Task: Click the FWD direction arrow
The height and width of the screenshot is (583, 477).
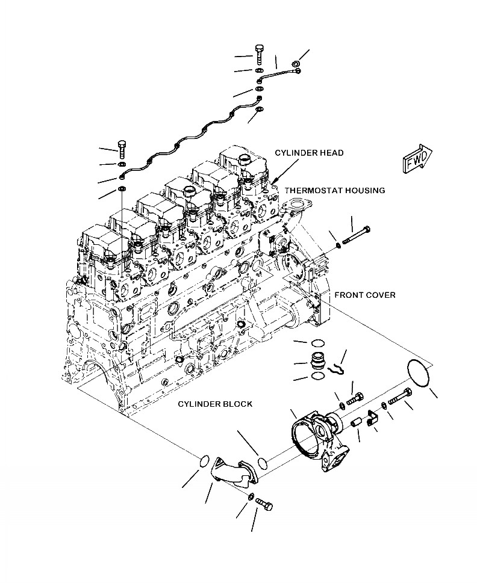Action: (417, 159)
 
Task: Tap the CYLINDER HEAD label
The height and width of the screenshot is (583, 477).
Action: (309, 153)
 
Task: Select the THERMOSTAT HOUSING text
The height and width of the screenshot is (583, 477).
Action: (335, 190)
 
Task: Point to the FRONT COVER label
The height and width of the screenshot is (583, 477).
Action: (365, 295)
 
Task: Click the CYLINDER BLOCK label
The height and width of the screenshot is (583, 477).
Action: (215, 404)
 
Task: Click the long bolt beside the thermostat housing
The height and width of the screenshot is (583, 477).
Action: (356, 235)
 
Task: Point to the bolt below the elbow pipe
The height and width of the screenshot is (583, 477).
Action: (264, 504)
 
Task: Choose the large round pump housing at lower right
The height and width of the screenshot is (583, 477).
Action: (319, 437)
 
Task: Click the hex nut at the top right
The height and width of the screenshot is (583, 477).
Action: (295, 64)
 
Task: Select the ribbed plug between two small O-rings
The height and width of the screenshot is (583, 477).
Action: (316, 361)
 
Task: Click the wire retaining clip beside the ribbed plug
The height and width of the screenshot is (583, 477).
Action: (337, 369)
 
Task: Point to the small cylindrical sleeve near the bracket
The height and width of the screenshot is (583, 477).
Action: (357, 423)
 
